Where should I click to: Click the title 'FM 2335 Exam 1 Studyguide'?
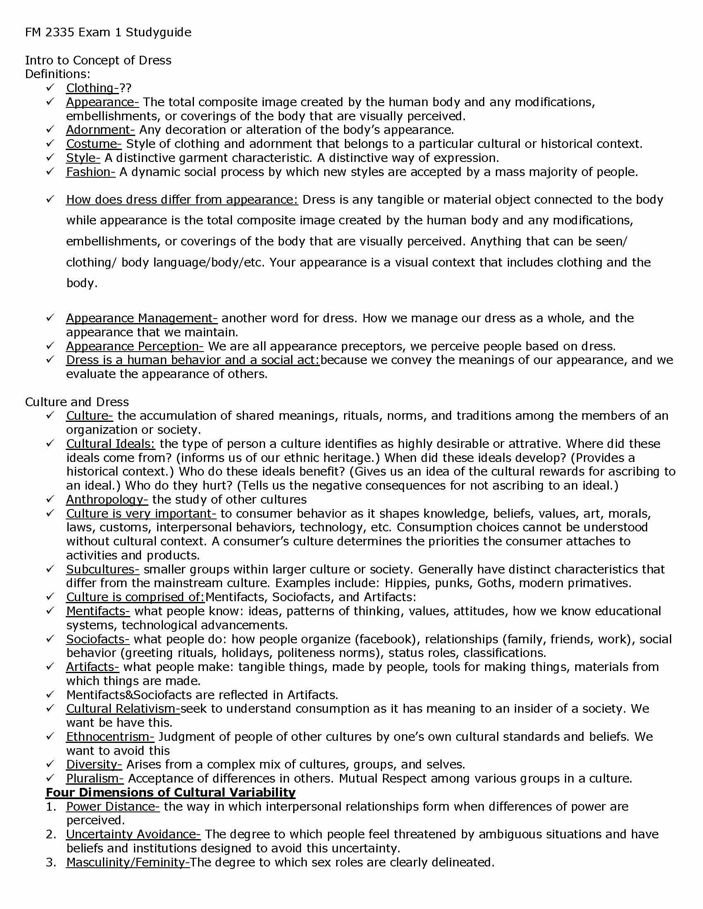(108, 33)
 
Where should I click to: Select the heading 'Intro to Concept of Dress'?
(98, 60)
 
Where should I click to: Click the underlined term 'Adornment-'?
(100, 130)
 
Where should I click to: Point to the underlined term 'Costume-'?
(94, 144)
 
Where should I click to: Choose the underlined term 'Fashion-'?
(91, 172)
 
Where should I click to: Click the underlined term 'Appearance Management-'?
(141, 318)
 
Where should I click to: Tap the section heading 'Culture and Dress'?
(77, 402)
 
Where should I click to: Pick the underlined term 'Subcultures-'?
(103, 569)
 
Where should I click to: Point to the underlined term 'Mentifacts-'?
(98, 611)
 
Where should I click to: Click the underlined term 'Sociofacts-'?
(98, 639)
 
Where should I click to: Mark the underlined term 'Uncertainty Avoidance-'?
(133, 834)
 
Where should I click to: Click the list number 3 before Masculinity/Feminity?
(50, 862)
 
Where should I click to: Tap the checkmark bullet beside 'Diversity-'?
(50, 764)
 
